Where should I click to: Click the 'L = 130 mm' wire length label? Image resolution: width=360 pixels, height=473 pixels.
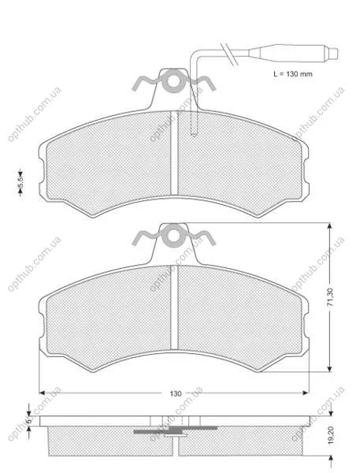click(293, 74)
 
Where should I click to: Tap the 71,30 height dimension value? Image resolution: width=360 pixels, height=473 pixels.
click(330, 297)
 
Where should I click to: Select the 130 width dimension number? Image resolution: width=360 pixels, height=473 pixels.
click(176, 393)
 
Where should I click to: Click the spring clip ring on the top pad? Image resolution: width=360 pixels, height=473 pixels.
click(174, 81)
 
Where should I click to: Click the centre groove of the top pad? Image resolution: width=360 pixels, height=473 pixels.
click(174, 153)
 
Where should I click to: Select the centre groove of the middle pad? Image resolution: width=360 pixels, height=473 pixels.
click(174, 307)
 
